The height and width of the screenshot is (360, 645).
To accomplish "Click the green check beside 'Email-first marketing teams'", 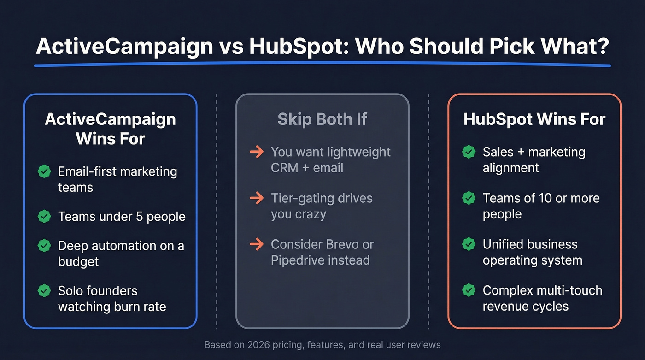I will [x=44, y=172].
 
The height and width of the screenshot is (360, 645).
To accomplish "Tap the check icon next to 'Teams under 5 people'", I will [x=44, y=216].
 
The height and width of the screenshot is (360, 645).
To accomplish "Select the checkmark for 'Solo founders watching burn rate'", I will [x=44, y=290].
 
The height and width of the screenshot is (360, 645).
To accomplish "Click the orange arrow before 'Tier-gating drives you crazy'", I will [x=256, y=198].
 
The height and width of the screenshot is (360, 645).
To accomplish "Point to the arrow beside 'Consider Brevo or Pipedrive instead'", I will [x=256, y=244].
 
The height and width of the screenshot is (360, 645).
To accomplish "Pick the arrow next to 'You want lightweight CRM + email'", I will [x=256, y=152].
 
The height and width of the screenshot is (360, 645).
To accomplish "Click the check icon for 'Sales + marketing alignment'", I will [x=469, y=152].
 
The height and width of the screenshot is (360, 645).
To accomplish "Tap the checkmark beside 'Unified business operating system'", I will [x=469, y=244].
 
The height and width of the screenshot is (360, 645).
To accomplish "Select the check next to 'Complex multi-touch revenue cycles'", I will [x=469, y=290].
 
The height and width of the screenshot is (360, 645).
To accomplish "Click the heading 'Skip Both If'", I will [x=322, y=119].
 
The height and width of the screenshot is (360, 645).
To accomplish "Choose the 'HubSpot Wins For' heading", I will [x=534, y=119].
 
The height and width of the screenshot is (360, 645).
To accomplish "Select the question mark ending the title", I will [x=601, y=47].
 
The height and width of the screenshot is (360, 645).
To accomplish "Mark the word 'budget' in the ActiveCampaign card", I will [x=78, y=261].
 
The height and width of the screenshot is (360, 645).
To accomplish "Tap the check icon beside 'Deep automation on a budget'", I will [x=44, y=245].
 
